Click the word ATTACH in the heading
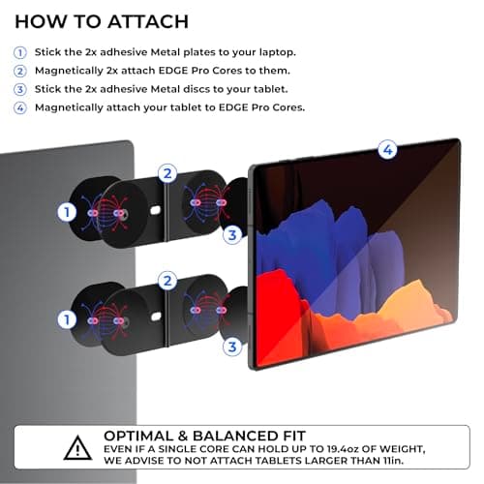148,22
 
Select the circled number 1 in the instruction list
20,52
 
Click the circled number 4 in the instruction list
20,107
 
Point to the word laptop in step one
278,52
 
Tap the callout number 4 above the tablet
387,149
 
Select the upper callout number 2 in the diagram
167,173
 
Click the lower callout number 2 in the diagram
167,281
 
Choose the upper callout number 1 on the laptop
67,212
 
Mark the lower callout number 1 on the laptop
67,319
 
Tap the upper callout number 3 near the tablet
232,235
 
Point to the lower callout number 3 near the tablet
232,347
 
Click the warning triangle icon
77,448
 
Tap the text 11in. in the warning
393,461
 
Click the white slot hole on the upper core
155,210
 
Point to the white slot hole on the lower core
156,317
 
